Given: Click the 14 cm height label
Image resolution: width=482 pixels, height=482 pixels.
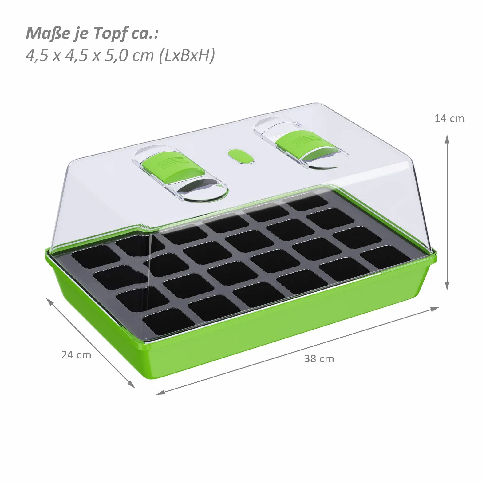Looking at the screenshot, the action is tap(449, 118).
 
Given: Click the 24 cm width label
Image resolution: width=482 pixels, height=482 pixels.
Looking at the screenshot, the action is tap(76, 355).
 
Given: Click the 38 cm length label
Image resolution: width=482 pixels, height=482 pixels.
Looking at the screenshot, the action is tap(319, 359).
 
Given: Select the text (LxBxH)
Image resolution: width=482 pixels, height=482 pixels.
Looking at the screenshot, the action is tap(187, 56).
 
